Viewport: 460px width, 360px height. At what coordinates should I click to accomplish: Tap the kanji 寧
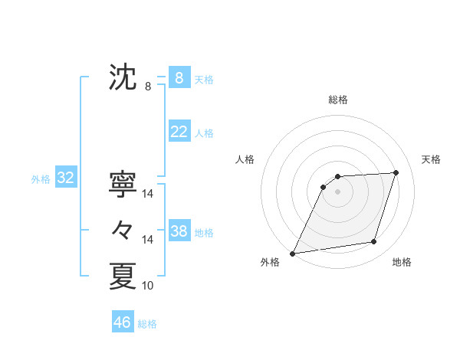click(123, 184)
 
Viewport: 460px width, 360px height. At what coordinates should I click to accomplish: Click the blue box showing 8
click(179, 78)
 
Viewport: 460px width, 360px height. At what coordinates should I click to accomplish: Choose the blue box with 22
click(179, 132)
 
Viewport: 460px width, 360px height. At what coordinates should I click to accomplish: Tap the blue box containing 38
click(179, 231)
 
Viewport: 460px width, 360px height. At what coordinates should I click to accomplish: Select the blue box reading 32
click(65, 178)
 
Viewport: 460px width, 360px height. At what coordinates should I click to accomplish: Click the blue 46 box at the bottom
click(122, 322)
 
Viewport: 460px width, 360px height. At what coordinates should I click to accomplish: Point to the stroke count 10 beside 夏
click(148, 286)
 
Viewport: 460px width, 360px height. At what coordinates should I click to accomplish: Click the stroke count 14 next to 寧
click(148, 194)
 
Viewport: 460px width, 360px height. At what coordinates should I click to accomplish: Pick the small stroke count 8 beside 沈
click(148, 87)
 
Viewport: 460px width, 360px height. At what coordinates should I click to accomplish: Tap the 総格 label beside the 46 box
click(147, 323)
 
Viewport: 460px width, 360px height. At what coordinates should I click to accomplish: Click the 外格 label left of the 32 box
click(41, 179)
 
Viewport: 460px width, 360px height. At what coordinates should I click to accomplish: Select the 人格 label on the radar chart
click(245, 159)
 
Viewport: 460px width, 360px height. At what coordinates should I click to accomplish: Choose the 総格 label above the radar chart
click(337, 100)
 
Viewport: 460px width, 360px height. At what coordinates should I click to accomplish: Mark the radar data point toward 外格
click(293, 253)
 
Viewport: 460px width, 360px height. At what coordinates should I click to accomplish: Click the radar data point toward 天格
click(396, 172)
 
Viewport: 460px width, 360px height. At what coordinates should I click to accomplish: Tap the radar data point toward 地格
click(374, 242)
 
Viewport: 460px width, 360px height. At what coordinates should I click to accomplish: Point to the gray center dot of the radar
click(337, 192)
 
